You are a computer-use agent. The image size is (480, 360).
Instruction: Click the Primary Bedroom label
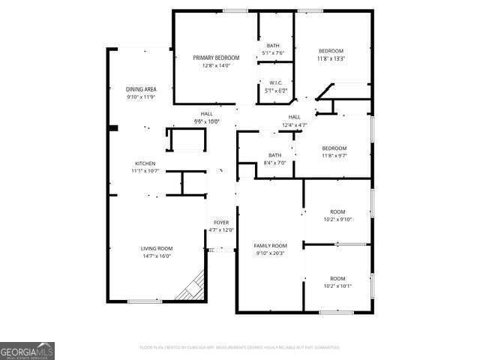[216, 58]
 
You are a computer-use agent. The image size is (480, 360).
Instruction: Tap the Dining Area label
[141, 90]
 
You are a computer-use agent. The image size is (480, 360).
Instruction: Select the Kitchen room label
[145, 163]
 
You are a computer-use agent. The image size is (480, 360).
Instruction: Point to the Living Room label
[157, 248]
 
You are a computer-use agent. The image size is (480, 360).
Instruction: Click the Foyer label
[221, 223]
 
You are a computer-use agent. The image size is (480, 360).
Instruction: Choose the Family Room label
[270, 245]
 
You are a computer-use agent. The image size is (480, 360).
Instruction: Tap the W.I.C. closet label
[275, 82]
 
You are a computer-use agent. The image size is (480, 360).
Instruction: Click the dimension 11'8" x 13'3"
[331, 58]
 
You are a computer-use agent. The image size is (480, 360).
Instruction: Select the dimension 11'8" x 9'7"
[334, 155]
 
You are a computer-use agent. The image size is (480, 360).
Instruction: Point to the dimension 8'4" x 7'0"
[274, 163]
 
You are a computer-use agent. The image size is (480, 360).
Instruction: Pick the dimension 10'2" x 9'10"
[337, 219]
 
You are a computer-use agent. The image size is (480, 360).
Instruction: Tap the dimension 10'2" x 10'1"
[337, 286]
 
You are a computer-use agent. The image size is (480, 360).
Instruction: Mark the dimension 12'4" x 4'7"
[295, 124]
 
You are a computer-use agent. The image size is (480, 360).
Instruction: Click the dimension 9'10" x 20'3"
[270, 253]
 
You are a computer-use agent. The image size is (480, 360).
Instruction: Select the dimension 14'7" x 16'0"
[157, 256]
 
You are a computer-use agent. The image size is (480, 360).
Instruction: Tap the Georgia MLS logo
[27, 350]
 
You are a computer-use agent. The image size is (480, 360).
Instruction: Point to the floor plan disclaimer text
[239, 347]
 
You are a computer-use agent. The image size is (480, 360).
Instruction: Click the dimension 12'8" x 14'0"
[216, 65]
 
